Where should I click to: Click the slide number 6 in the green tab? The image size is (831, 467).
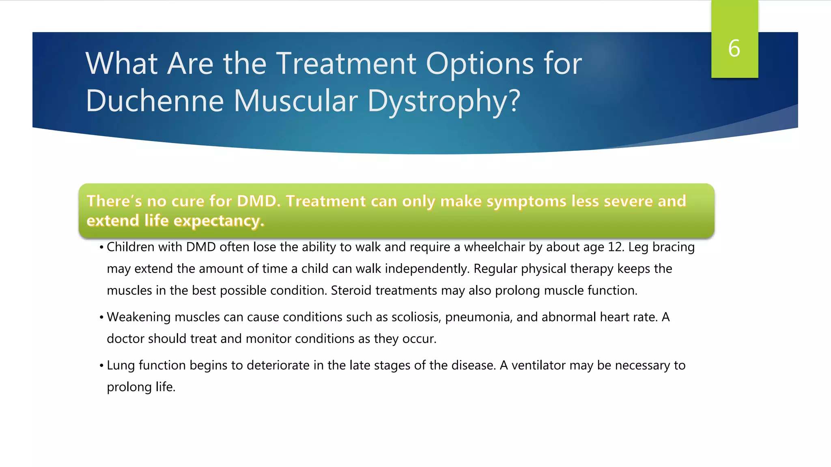click(x=734, y=49)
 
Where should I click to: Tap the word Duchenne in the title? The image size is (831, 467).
click(x=155, y=101)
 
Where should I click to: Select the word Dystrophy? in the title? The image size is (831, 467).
click(x=443, y=101)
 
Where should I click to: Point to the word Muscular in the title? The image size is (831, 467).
click(x=295, y=101)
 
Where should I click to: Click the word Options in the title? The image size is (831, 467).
click(x=480, y=64)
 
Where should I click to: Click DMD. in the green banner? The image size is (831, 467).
click(x=258, y=201)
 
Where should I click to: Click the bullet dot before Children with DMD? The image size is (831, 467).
click(x=101, y=247)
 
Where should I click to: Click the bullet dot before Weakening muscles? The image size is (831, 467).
click(x=101, y=317)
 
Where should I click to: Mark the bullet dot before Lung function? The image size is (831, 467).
click(x=101, y=366)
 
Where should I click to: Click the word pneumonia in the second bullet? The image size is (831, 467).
click(x=478, y=317)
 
